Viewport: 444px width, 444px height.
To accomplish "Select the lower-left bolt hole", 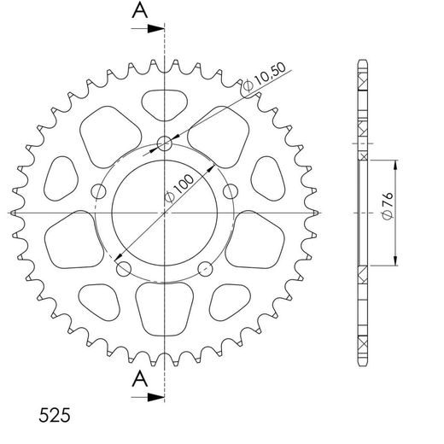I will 123,270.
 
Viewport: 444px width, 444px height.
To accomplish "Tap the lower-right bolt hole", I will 205,270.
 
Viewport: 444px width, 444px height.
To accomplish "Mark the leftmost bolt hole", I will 98,192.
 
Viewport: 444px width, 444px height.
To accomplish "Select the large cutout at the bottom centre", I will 164,303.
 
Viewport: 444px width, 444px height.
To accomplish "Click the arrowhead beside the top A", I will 157,29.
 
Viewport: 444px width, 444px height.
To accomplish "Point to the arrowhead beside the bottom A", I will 157,397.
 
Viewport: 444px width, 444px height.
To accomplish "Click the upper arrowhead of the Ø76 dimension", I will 397,164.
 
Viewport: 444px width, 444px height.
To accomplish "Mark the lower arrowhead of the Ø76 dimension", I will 397,262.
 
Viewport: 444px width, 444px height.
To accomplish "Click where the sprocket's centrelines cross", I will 164,212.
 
